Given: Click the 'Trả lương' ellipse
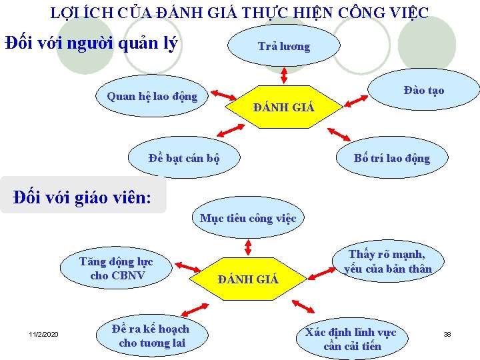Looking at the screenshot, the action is point(284,46).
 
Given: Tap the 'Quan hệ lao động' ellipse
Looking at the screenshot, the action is point(152,97).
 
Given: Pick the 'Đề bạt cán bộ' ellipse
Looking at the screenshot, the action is point(184,159).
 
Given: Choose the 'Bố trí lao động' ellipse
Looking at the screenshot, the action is point(392,158).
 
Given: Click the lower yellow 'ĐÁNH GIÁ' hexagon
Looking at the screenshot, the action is point(249,279).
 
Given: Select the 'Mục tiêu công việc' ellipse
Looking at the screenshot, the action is point(248,218).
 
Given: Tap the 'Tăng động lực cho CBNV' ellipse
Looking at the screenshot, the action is point(116,269).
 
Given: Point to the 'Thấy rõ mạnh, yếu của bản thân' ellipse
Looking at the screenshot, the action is point(387,261).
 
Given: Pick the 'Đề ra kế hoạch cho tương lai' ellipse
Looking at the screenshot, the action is point(151,336).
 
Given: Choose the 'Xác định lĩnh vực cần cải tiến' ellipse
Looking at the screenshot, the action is point(351,339).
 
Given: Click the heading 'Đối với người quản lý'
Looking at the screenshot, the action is point(91,44).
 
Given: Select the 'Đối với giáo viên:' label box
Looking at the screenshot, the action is point(83,197).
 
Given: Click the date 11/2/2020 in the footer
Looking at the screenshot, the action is point(44,333).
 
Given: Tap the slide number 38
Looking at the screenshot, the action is point(447,333).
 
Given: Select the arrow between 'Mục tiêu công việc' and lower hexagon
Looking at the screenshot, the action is point(248,247).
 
